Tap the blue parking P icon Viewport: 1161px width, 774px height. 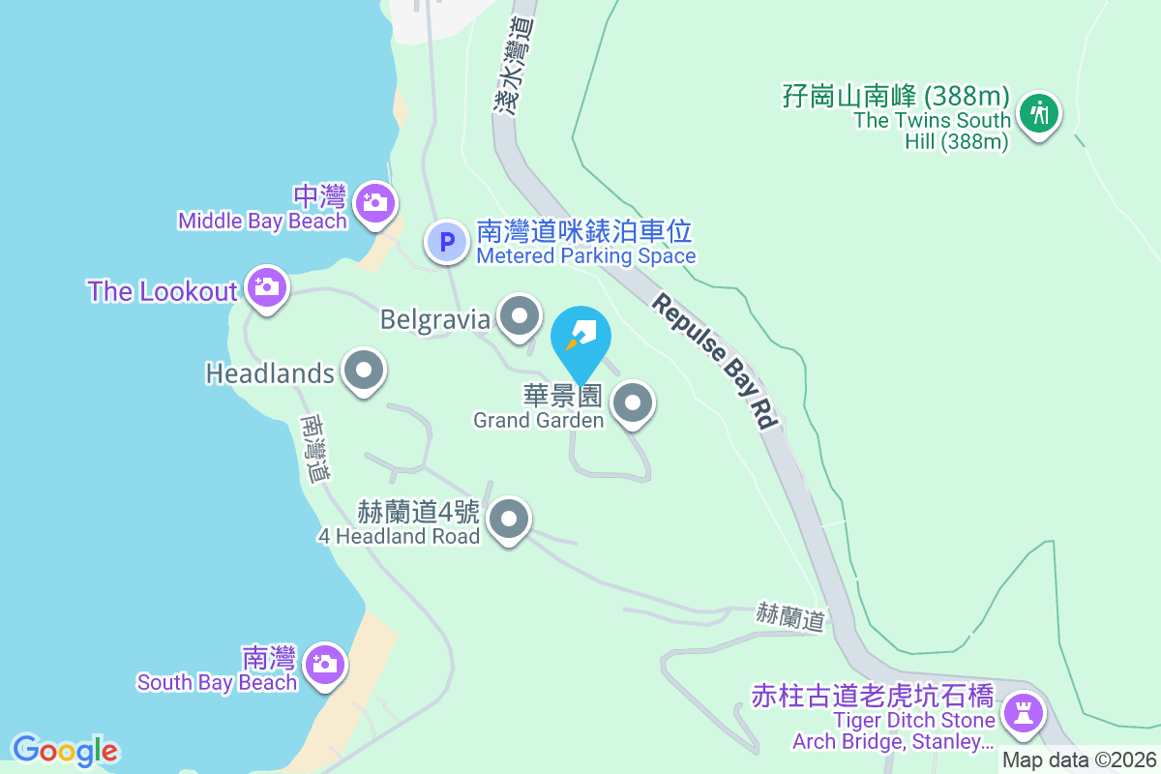pyautogui.click(x=448, y=242)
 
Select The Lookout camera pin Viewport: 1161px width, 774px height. pyautogui.click(x=265, y=286)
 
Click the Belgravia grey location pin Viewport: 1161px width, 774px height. pyautogui.click(x=520, y=315)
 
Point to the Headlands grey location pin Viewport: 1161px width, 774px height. pyautogui.click(x=364, y=371)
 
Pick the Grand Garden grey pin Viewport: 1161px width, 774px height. pyautogui.click(x=634, y=402)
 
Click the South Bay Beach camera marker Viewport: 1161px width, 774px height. pyautogui.click(x=324, y=664)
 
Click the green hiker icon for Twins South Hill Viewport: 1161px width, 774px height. pyautogui.click(x=1039, y=113)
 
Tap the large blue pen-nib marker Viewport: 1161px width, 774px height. pyautogui.click(x=580, y=339)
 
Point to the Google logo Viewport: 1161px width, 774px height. pyautogui.click(x=65, y=751)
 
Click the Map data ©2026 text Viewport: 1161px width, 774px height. pyautogui.click(x=1079, y=760)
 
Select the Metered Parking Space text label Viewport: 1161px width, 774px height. pyautogui.click(x=585, y=256)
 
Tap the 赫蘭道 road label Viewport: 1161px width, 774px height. pyautogui.click(x=790, y=616)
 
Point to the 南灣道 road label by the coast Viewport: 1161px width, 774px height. pyautogui.click(x=316, y=450)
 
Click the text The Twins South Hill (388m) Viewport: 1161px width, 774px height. pyautogui.click(x=932, y=131)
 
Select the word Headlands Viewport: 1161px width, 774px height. pyautogui.click(x=270, y=372)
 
